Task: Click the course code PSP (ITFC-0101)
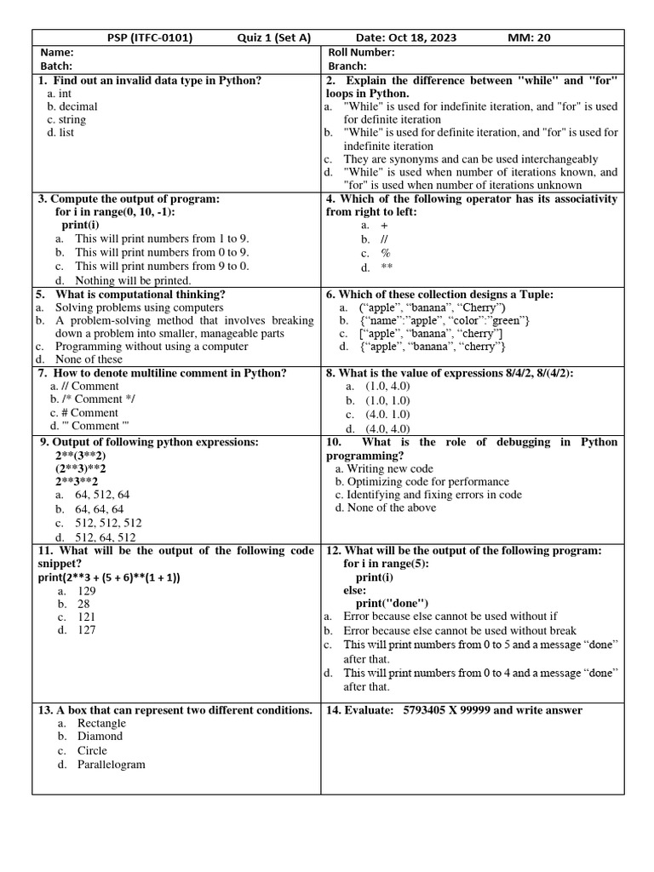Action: point(149,37)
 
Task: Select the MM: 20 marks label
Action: point(529,37)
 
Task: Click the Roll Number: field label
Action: point(361,52)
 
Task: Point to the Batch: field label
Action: point(56,66)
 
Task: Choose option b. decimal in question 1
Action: point(72,106)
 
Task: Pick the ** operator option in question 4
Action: point(386,267)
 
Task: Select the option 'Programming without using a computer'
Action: point(152,347)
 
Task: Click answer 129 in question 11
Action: point(87,590)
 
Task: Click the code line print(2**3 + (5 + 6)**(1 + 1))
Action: point(109,577)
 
